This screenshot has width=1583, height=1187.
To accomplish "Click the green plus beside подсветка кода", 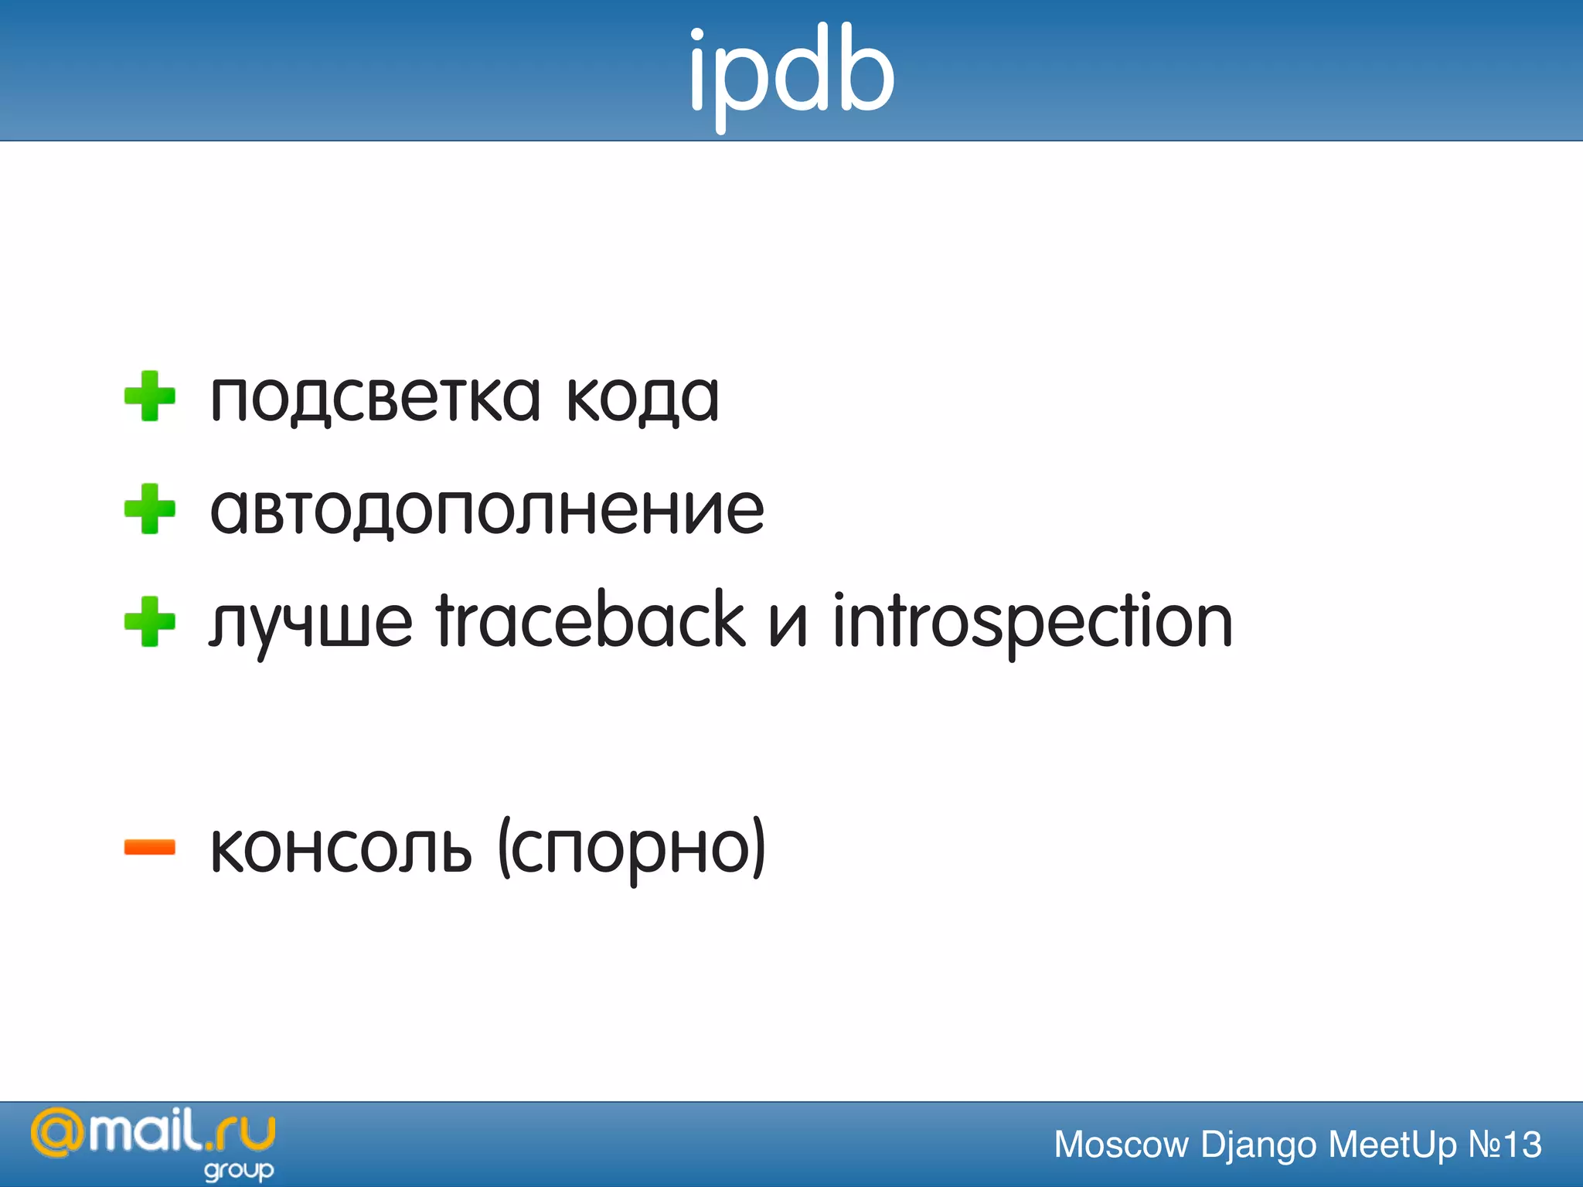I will click(x=150, y=396).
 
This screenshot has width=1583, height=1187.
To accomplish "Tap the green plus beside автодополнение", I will click(x=150, y=509).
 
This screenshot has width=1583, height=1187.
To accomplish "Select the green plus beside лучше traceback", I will click(x=150, y=622).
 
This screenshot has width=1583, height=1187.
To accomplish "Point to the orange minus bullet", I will click(x=150, y=848).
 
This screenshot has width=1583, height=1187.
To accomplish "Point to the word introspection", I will click(x=1032, y=623).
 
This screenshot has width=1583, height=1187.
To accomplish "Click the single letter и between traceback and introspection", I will click(x=788, y=626).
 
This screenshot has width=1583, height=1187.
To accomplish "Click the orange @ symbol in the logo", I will click(x=56, y=1134).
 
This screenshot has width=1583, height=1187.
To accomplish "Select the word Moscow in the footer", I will click(x=1121, y=1144).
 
